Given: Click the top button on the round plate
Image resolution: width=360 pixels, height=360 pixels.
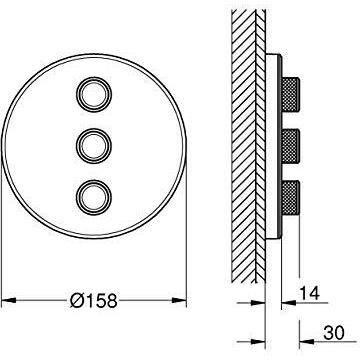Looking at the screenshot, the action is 94,94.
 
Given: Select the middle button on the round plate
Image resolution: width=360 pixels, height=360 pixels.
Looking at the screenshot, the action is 94,146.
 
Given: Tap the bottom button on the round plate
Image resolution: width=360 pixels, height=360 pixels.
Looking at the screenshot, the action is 94,197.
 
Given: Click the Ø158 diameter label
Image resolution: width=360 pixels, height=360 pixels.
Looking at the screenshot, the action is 94,301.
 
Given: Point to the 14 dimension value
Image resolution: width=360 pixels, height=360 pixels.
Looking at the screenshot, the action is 310,293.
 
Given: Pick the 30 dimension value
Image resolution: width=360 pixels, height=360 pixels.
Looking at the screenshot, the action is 334,333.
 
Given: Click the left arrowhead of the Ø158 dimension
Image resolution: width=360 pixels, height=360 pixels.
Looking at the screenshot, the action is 9,301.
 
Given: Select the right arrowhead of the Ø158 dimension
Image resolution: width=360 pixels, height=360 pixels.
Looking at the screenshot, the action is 179,301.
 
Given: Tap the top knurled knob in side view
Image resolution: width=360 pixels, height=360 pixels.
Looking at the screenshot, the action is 291,94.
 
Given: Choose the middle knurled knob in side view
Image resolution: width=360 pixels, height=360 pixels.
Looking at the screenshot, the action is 291,146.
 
